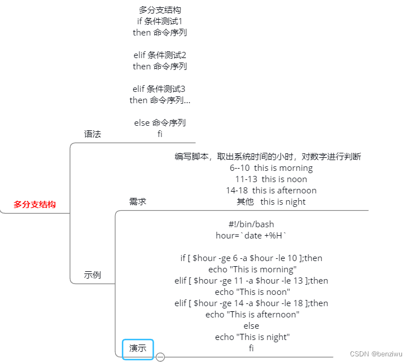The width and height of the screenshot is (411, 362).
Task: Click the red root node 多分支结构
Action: tap(35, 205)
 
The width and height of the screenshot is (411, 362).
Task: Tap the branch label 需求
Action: tap(138, 201)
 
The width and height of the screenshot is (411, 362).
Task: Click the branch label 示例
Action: tap(92, 275)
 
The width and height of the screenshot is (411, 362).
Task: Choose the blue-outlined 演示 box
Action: tap(138, 348)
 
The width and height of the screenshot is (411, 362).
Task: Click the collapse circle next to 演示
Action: tap(160, 356)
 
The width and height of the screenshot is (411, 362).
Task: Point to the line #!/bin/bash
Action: tap(251, 224)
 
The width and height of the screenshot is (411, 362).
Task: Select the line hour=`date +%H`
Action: tap(251, 236)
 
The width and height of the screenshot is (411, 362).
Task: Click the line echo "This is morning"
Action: tap(252, 270)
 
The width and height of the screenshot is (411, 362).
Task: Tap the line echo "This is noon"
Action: tap(252, 292)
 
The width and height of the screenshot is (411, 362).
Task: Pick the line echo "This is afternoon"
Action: tap(252, 315)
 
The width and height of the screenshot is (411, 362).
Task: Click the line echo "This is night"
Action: tap(252, 337)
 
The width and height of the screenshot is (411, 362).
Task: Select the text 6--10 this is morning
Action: tap(271, 168)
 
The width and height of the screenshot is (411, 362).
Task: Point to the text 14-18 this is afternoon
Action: tap(271, 191)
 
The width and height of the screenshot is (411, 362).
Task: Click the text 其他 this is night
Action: tap(271, 202)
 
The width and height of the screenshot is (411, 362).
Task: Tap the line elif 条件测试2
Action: tap(160, 55)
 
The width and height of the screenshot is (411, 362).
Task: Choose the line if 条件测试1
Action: tap(160, 21)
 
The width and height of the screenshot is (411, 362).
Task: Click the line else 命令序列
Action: tap(160, 123)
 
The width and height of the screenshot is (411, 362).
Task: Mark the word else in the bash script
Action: tap(251, 326)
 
